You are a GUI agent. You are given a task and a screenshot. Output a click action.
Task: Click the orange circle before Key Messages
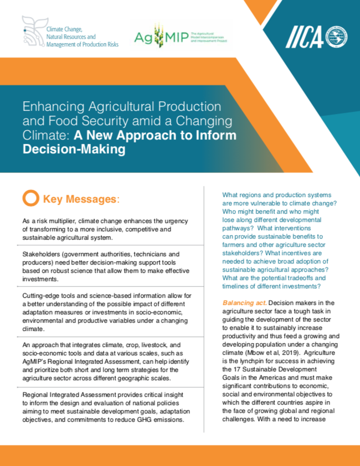coord(32,198)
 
